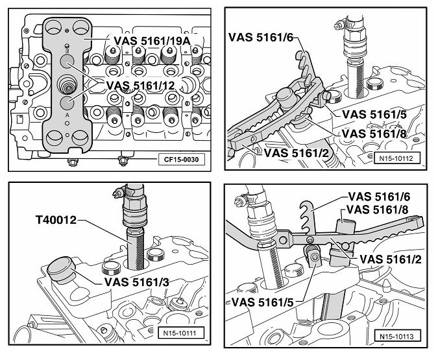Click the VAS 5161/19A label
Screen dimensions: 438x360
pyautogui.click(x=152, y=41)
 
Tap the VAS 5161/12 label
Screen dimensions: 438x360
pyautogui.click(x=141, y=86)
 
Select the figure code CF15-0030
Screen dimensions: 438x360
pyautogui.click(x=181, y=160)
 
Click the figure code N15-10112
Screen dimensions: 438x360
pyautogui.click(x=396, y=158)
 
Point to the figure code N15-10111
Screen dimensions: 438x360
pyautogui.click(x=180, y=333)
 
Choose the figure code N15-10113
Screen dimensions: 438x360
pyautogui.click(x=396, y=336)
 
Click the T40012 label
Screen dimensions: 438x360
pyautogui.click(x=56, y=220)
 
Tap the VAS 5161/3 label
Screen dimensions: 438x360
pyautogui.click(x=137, y=282)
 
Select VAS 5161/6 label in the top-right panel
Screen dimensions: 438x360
pyautogui.click(x=261, y=37)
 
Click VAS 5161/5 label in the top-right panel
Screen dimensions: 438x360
pyautogui.click(x=374, y=115)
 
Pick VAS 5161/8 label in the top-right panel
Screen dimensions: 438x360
pyautogui.click(x=374, y=134)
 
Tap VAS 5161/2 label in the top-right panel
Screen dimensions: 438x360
pyautogui.click(x=296, y=153)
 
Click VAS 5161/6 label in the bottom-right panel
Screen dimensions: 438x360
pyautogui.click(x=379, y=197)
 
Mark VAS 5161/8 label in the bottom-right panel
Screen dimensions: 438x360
pyautogui.click(x=377, y=209)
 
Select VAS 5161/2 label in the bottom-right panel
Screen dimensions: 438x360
pyautogui.click(x=391, y=259)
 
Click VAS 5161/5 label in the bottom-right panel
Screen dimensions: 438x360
pyautogui.click(x=263, y=302)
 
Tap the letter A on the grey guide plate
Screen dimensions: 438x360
pyautogui.click(x=67, y=115)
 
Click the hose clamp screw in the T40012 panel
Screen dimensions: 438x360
pyautogui.click(x=118, y=193)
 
